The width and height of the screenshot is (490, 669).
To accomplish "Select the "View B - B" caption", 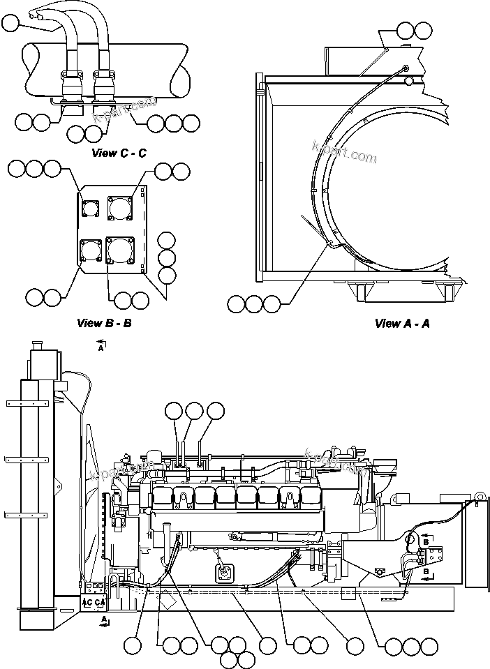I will [x=104, y=323].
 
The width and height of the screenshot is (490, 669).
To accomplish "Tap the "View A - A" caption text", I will [x=401, y=323].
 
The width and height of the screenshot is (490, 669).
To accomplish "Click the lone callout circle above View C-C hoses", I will [x=10, y=24].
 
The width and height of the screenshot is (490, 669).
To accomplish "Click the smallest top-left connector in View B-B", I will [x=89, y=207].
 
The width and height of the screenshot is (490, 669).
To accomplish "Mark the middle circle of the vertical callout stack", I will [x=168, y=257].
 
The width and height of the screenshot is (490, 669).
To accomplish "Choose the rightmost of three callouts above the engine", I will [x=214, y=411].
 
